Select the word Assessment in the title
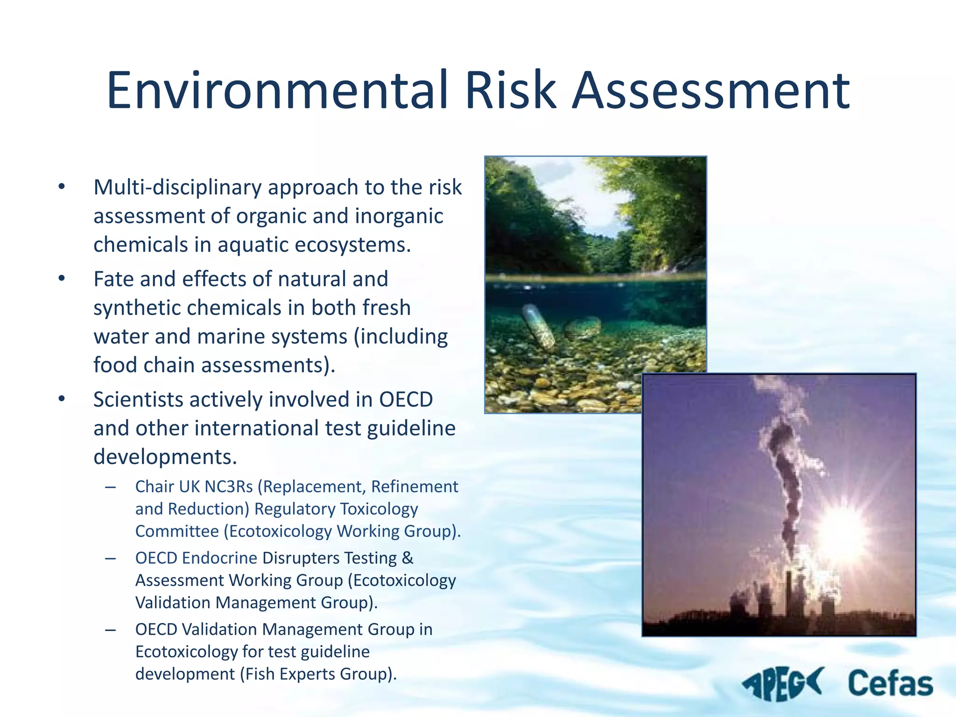tap(711, 90)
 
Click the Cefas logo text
tap(890, 684)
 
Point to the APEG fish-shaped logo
tap(782, 684)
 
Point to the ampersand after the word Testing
tap(408, 558)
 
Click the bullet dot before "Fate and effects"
tap(62, 279)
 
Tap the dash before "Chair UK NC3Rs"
tap(111, 487)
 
